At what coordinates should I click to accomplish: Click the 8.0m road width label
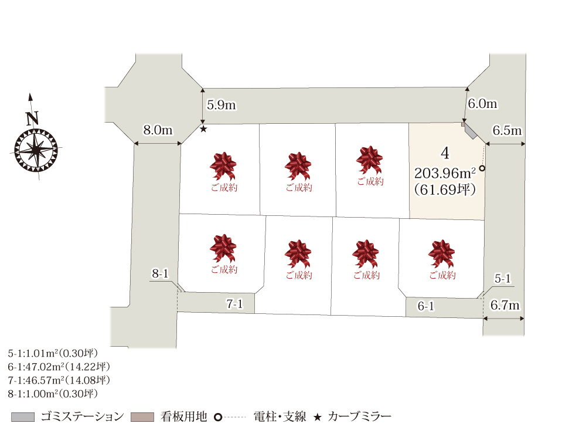click(158, 130)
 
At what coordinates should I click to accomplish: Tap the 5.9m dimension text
click(222, 105)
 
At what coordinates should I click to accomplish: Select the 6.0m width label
click(482, 104)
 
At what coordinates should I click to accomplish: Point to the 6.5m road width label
click(507, 130)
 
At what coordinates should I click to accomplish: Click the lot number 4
click(446, 153)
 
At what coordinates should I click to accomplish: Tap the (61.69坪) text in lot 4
click(444, 189)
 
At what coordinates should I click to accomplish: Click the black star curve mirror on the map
click(203, 128)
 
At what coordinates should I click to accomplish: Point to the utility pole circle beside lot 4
click(482, 169)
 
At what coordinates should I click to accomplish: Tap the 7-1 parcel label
click(234, 303)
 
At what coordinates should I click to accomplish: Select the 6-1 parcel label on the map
click(425, 306)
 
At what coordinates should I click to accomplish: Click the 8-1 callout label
click(160, 273)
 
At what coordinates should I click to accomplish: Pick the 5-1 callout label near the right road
click(503, 279)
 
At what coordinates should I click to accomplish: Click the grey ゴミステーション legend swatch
click(23, 417)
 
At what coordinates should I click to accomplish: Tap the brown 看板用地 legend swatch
click(143, 417)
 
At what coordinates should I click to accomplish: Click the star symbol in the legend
click(317, 417)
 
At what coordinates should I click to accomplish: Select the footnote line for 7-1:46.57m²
click(59, 380)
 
